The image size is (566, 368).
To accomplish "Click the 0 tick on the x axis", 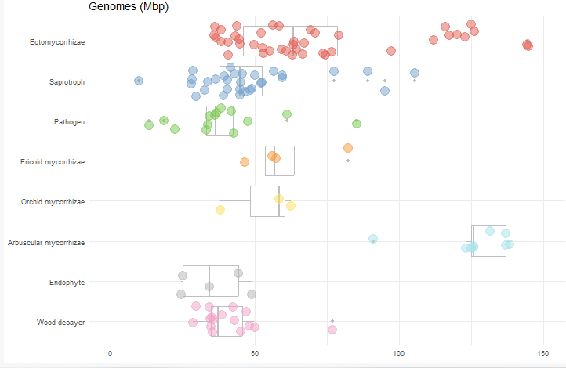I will (111, 353).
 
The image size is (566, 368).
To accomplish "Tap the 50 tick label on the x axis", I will (255, 353).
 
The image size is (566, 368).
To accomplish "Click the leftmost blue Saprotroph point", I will (139, 81).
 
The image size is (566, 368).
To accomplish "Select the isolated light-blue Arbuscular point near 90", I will (373, 239).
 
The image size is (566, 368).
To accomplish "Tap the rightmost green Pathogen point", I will (357, 124).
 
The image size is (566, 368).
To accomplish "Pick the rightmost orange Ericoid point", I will (348, 148).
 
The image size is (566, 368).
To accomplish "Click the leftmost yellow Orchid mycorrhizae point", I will (220, 210).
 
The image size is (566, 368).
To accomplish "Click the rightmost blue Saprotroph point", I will (415, 73).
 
